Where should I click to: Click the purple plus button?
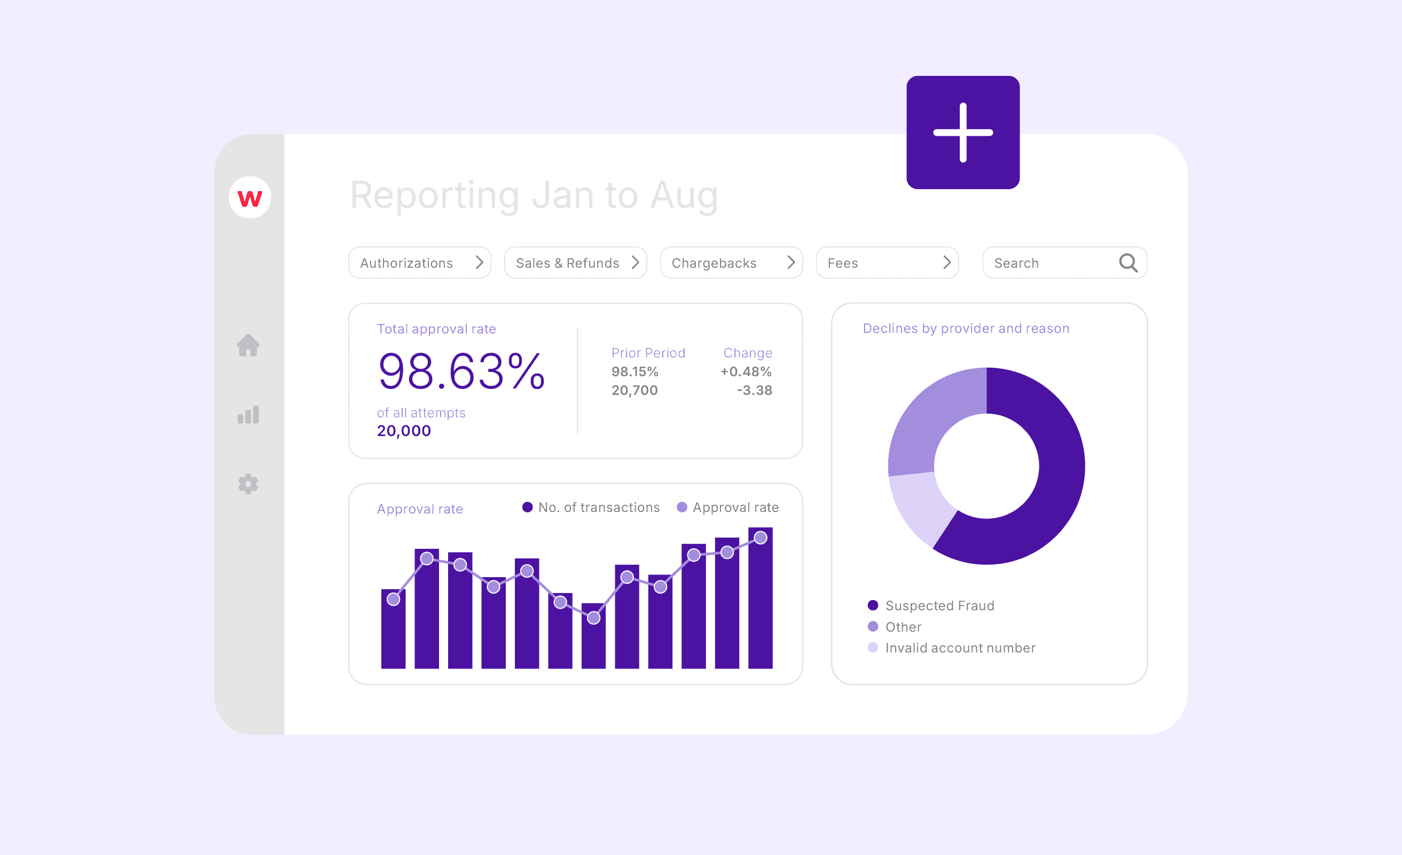[963, 132]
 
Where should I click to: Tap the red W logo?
[249, 198]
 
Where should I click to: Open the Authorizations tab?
[419, 262]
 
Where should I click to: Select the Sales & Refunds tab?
[575, 262]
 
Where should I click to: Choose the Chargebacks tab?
[731, 262]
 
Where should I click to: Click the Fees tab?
[887, 262]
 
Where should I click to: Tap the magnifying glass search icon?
[1128, 262]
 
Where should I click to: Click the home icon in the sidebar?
[248, 346]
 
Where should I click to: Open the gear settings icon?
[248, 484]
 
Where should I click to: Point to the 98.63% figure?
[461, 371]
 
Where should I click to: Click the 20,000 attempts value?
[403, 431]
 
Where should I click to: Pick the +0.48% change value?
[746, 372]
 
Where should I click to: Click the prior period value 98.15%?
[635, 372]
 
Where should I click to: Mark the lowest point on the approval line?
[593, 618]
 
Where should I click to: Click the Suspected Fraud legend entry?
[939, 605]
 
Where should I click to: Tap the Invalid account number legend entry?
[959, 648]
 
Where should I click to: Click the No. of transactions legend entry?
[598, 507]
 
